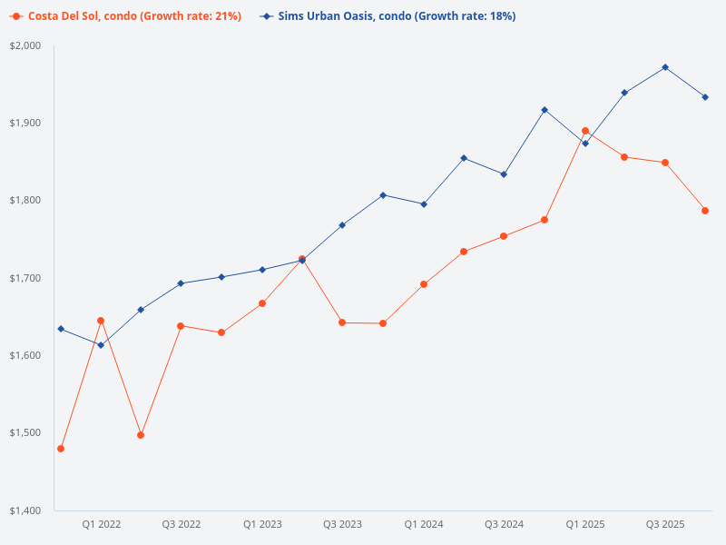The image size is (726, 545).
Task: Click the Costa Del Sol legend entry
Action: click(127, 16)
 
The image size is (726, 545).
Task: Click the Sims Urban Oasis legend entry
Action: click(388, 16)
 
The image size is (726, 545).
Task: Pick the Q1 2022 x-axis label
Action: click(101, 524)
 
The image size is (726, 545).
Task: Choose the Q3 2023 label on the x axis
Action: click(342, 524)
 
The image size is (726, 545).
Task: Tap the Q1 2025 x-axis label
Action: click(585, 524)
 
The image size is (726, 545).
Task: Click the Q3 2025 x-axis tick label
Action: click(665, 524)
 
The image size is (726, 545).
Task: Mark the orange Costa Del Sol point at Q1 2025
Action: click(585, 131)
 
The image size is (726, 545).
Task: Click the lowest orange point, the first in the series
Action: click(61, 449)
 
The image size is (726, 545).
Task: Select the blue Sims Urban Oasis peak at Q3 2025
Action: click(665, 67)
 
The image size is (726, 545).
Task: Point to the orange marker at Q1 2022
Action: click(101, 321)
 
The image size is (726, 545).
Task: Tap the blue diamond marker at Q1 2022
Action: click(101, 345)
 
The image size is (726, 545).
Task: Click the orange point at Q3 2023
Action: click(342, 322)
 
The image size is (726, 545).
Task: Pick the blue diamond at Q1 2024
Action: click(424, 204)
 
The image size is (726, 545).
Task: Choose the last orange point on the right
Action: click(705, 211)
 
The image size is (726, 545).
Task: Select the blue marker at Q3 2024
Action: click(504, 174)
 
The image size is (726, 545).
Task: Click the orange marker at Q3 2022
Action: click(181, 326)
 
